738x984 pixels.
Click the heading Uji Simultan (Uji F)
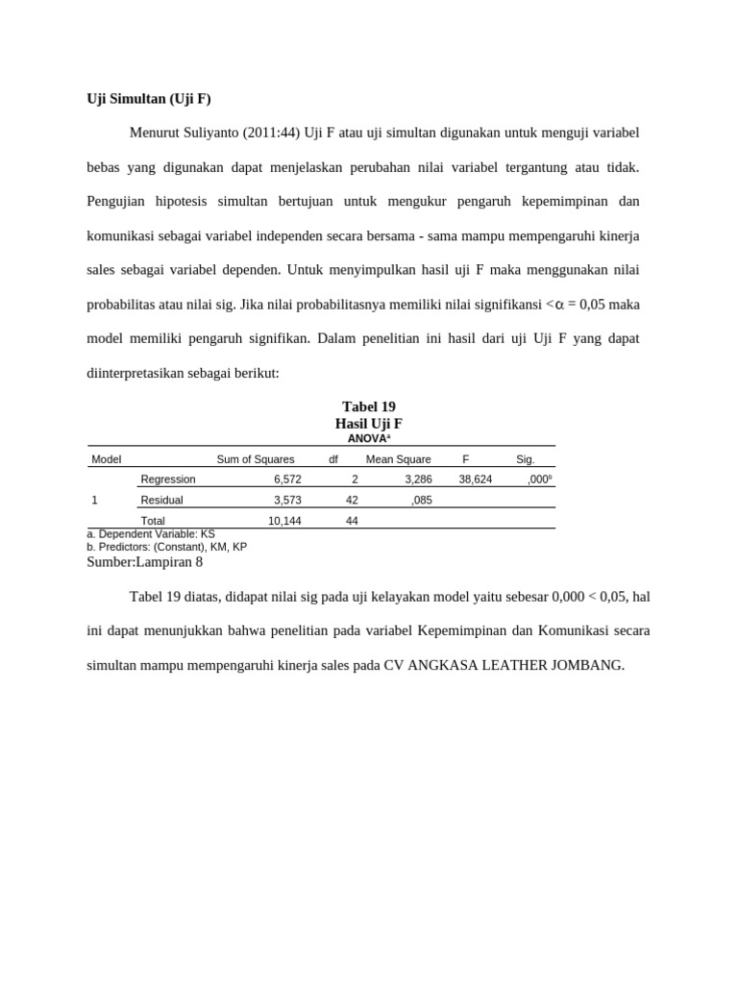point(149,98)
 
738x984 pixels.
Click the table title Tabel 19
point(368,406)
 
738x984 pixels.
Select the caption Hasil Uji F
point(368,423)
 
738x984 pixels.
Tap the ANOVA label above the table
point(368,438)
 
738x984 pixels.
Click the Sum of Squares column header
point(256,459)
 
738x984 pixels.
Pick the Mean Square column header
point(399,459)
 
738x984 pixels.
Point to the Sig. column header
point(525,459)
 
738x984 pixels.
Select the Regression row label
point(168,479)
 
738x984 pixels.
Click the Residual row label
point(161,500)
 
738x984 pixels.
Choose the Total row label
point(153,521)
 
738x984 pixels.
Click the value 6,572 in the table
point(287,479)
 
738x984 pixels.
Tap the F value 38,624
point(476,479)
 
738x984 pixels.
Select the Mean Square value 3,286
point(418,479)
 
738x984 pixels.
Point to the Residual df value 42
point(352,500)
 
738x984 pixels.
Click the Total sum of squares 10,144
point(284,521)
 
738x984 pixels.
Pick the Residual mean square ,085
point(421,500)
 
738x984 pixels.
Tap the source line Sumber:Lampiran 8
point(145,562)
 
